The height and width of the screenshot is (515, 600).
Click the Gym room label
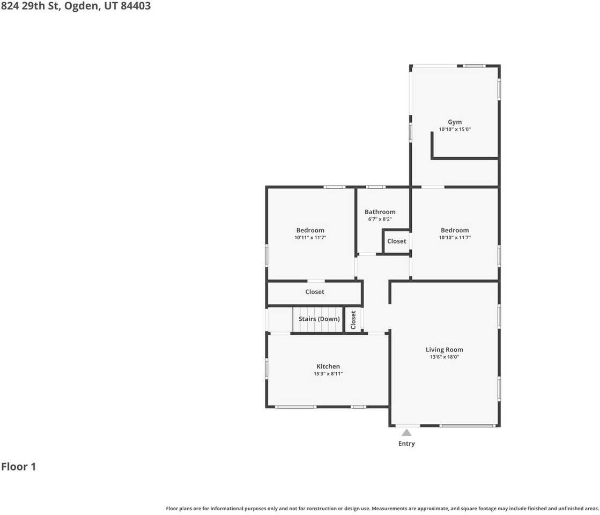tap(455, 122)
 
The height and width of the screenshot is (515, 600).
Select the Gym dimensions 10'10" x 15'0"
tap(455, 129)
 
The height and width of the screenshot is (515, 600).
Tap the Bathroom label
tap(380, 212)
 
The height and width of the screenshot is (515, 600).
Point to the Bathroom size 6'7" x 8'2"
tap(380, 219)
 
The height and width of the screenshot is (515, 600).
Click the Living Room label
tap(444, 350)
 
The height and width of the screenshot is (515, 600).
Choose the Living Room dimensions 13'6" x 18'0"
tap(444, 357)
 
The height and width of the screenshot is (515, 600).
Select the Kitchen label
tap(328, 366)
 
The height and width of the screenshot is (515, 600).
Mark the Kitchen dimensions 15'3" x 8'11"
tap(328, 374)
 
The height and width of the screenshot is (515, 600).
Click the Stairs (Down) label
tap(319, 319)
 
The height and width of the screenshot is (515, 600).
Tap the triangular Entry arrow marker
tap(406, 433)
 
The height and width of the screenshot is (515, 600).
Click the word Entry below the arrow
tap(406, 444)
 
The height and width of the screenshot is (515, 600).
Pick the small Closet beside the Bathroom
tap(396, 241)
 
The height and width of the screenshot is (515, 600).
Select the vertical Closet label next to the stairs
tap(353, 320)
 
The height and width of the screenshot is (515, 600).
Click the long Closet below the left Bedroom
tap(315, 292)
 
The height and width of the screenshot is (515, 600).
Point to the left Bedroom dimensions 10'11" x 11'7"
tap(310, 238)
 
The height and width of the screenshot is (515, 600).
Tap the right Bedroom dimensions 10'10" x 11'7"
tap(455, 238)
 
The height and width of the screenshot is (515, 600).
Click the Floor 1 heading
tap(18, 467)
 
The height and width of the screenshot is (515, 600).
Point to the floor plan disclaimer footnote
tap(382, 509)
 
